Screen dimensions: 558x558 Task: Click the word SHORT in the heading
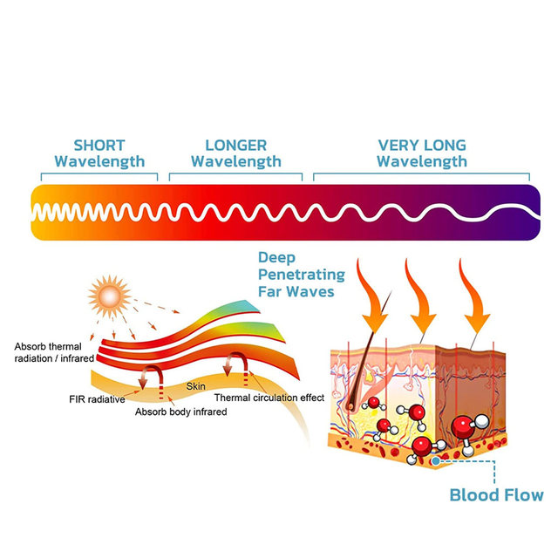click(99, 146)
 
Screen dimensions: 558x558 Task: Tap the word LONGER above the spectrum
click(235, 146)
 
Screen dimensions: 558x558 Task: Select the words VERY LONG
click(422, 146)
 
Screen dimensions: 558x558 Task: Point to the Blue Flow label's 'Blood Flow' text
click(496, 495)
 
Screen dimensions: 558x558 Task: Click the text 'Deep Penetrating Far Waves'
click(296, 275)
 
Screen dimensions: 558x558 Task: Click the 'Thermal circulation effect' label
click(269, 398)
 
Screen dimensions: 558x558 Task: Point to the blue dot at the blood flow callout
click(435, 460)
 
